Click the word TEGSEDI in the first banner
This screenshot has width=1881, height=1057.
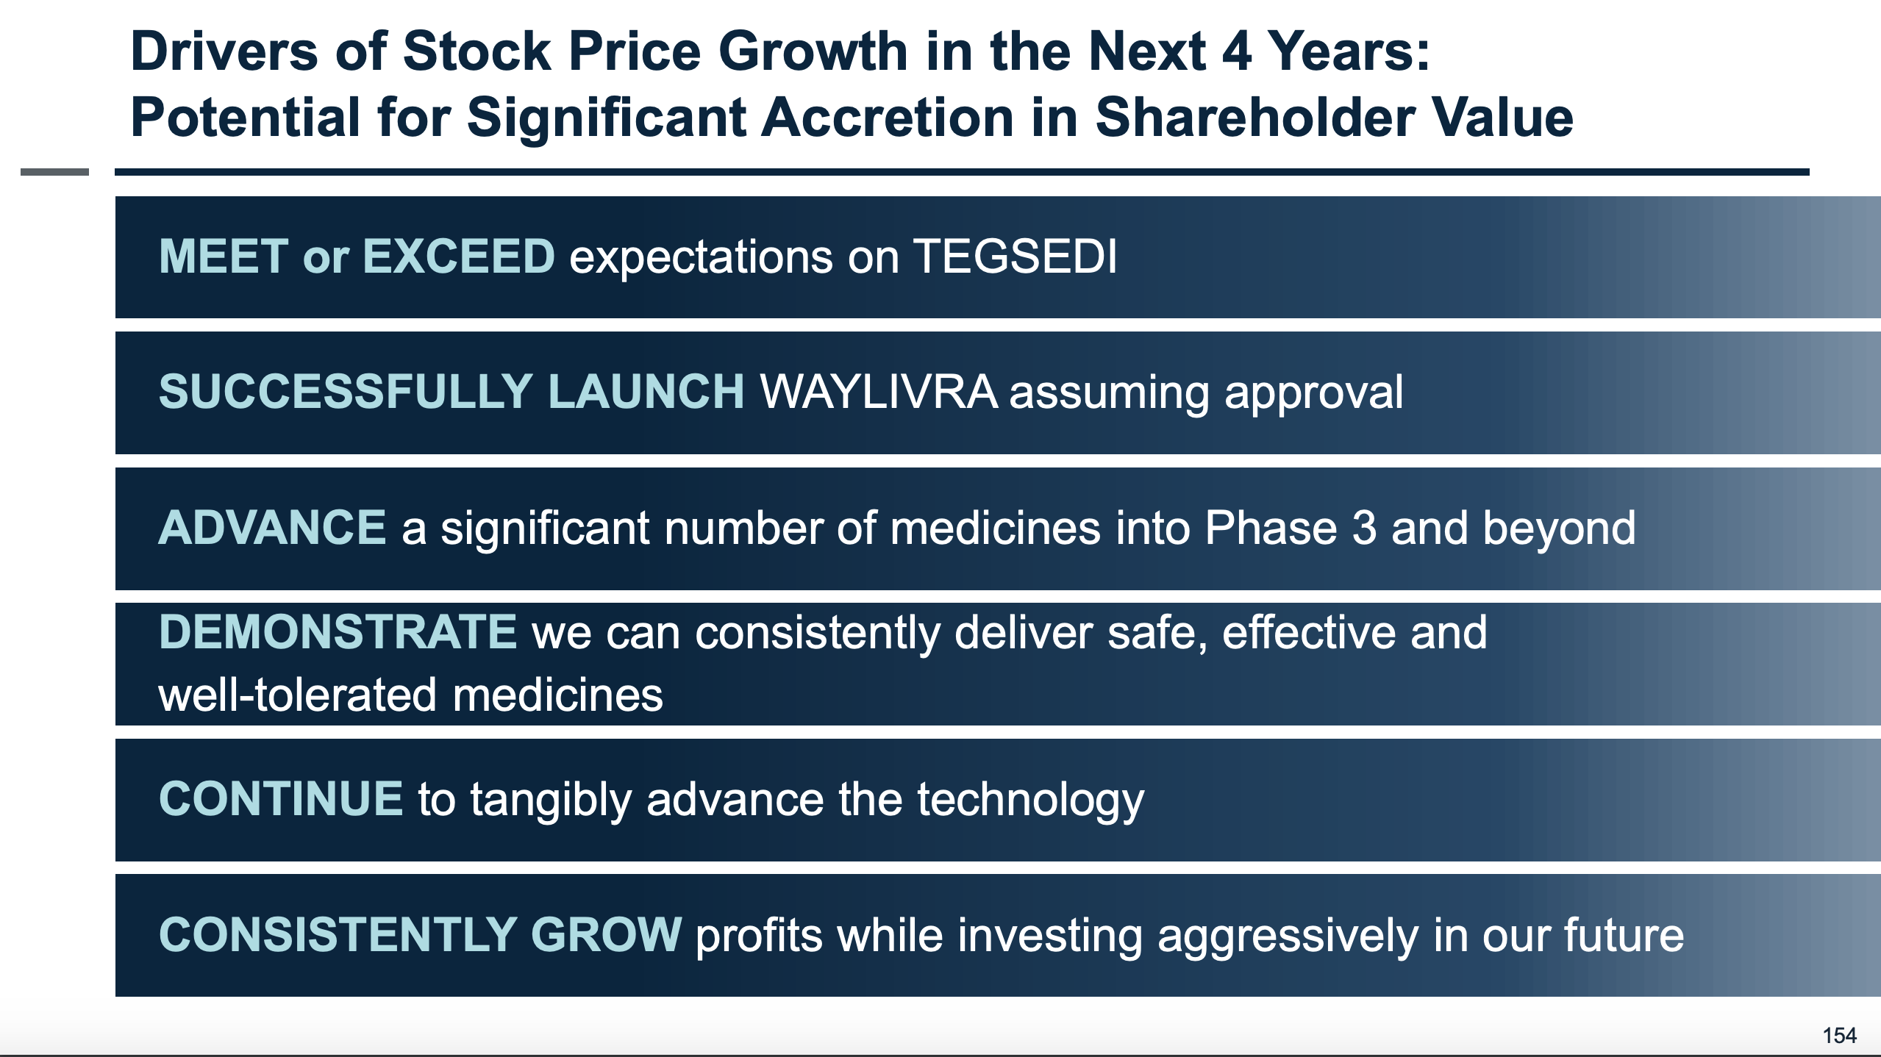(1015, 257)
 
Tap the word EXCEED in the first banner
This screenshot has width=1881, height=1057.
(458, 257)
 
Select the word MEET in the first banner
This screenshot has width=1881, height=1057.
(224, 257)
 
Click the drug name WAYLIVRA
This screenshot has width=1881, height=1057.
(879, 392)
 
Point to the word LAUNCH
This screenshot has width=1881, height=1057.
(646, 392)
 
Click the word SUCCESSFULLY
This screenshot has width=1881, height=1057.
(346, 392)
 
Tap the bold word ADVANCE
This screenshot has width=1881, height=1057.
(272, 528)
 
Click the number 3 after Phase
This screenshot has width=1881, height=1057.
(1363, 528)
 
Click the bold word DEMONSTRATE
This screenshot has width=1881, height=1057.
(338, 632)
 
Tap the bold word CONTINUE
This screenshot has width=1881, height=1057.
(280, 799)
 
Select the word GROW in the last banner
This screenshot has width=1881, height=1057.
(606, 935)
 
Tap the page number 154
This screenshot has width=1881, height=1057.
(1839, 1036)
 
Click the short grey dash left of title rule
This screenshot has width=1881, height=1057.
(54, 172)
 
